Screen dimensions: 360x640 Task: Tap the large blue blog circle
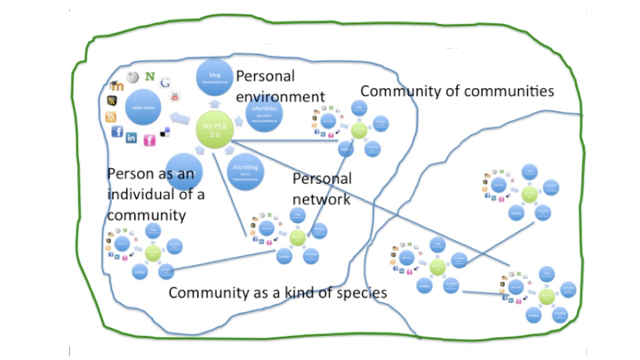pyautogui.click(x=214, y=78)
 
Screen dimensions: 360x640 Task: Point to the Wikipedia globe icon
pyautogui.click(x=133, y=78)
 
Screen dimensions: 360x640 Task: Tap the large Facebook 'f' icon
pyautogui.click(x=117, y=132)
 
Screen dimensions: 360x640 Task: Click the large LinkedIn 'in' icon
pyautogui.click(x=132, y=138)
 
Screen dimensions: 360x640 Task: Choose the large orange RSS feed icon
pyautogui.click(x=111, y=116)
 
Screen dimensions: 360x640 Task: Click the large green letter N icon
pyautogui.click(x=151, y=76)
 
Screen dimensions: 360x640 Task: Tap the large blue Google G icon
pyautogui.click(x=166, y=83)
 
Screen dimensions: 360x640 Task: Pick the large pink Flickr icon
pyautogui.click(x=149, y=140)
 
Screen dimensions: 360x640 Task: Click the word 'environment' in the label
pyautogui.click(x=280, y=95)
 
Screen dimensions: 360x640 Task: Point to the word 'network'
pyautogui.click(x=322, y=198)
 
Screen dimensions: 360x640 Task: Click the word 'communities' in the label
pyautogui.click(x=507, y=92)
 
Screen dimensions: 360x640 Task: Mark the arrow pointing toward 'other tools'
pyautogui.click(x=181, y=117)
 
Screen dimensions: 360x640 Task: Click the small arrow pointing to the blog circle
pyautogui.click(x=212, y=103)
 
